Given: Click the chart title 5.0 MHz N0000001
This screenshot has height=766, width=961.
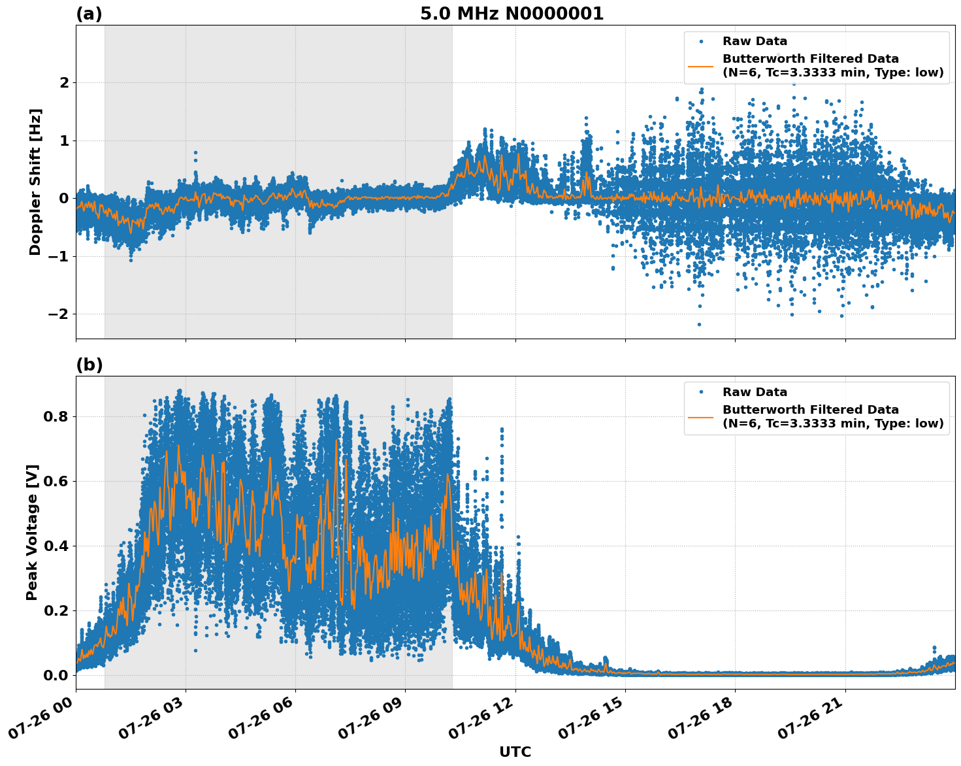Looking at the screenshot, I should (512, 14).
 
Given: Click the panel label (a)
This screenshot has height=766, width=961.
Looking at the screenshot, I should (89, 14).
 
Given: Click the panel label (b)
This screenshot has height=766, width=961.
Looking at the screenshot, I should (89, 365).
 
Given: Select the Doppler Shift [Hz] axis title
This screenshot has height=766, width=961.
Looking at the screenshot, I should (35, 182).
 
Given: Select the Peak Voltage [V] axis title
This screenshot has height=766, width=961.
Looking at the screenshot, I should (32, 532).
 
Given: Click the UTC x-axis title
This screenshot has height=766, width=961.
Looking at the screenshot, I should (515, 752).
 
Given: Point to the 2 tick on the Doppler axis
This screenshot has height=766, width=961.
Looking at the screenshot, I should (64, 83).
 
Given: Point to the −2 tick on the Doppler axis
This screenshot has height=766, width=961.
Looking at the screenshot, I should (59, 314).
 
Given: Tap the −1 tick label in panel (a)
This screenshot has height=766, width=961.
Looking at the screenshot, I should (59, 256).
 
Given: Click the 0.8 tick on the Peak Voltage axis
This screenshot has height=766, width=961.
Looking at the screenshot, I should (55, 417).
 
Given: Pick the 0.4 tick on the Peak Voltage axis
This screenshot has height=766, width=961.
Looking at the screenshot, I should (55, 546).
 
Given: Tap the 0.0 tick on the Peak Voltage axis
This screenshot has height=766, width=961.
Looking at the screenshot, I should (55, 675).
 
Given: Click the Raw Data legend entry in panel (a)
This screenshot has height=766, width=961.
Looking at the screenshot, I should (755, 41).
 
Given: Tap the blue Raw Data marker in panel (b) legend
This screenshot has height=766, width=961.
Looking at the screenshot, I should (701, 392).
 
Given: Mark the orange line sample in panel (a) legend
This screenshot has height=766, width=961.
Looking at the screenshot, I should (701, 66).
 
